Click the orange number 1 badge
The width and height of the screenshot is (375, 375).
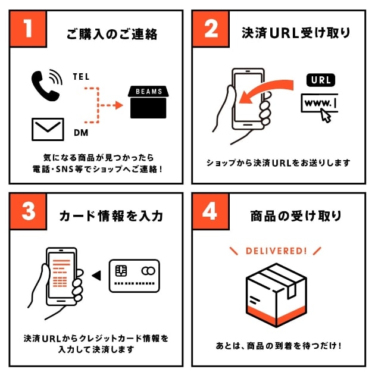[x=28, y=29]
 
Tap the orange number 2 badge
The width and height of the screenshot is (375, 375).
[x=211, y=29]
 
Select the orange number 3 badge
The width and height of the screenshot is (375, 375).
[x=28, y=211]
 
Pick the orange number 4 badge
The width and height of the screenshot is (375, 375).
[x=211, y=211]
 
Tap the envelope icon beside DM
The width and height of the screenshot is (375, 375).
[x=48, y=129]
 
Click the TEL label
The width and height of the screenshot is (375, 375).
[x=82, y=77]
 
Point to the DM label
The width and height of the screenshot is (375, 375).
[x=81, y=133]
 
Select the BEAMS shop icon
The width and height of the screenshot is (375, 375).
[x=148, y=102]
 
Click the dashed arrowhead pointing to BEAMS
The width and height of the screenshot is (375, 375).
[x=119, y=105]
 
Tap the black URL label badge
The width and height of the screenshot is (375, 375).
[x=321, y=80]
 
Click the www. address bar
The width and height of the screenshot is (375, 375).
[x=319, y=103]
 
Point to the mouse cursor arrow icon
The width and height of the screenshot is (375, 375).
[x=326, y=115]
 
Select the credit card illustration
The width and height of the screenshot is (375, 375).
[x=135, y=276]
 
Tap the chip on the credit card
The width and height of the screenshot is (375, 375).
[x=121, y=271]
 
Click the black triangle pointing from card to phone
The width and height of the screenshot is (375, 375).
[x=96, y=276]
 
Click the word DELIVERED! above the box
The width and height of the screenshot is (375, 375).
[x=276, y=251]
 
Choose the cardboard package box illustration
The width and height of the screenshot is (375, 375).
[x=276, y=295]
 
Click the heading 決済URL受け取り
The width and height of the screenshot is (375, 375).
[x=296, y=33]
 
